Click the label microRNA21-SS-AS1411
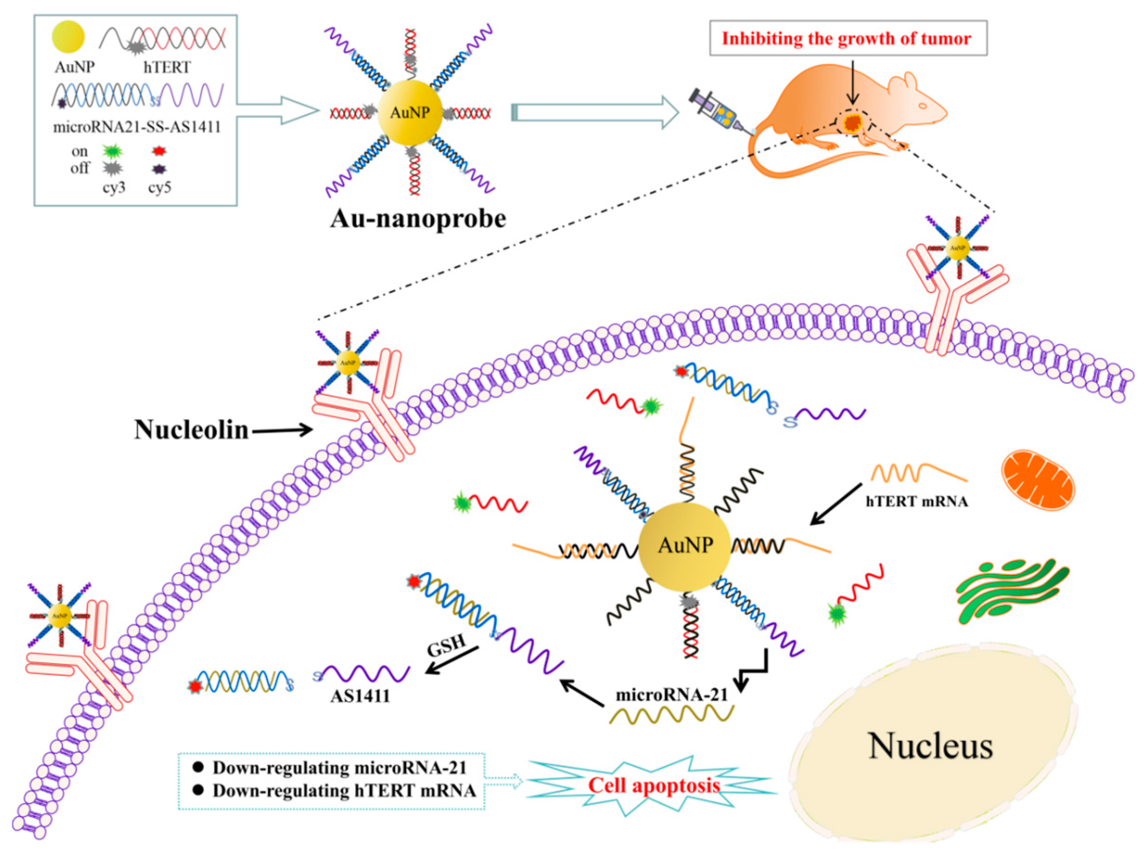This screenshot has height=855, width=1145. tap(136, 127)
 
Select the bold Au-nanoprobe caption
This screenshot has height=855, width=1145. tap(418, 218)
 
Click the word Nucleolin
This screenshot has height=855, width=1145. tap(191, 430)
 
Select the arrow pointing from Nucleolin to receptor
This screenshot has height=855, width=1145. tap(282, 430)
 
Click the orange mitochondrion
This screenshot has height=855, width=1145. tap(1037, 479)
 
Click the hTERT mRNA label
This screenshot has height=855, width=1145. tap(916, 502)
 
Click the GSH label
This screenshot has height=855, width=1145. tap(445, 646)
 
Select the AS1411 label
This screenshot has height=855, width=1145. tap(360, 695)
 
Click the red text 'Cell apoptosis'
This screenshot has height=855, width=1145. tap(654, 786)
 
